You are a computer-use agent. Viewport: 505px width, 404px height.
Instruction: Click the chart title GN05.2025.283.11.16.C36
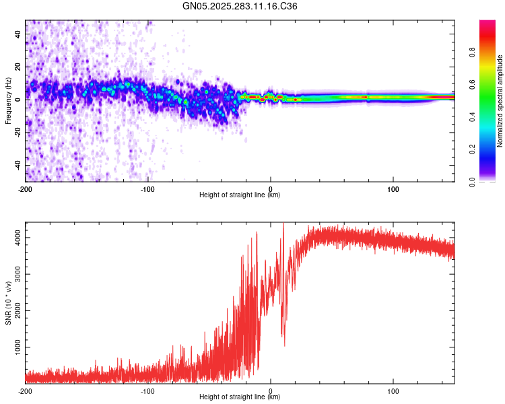pos(240,6)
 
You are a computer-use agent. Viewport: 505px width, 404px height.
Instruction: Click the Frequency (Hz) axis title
pos(8,101)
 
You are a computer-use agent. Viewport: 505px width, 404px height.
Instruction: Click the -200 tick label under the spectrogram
pos(26,189)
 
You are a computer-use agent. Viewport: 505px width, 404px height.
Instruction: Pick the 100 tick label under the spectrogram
pos(393,189)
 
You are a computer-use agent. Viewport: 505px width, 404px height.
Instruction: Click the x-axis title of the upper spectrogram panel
pos(240,195)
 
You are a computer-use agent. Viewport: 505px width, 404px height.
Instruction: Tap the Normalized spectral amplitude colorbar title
pos(500,101)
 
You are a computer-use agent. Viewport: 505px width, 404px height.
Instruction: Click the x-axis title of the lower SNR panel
pos(240,397)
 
